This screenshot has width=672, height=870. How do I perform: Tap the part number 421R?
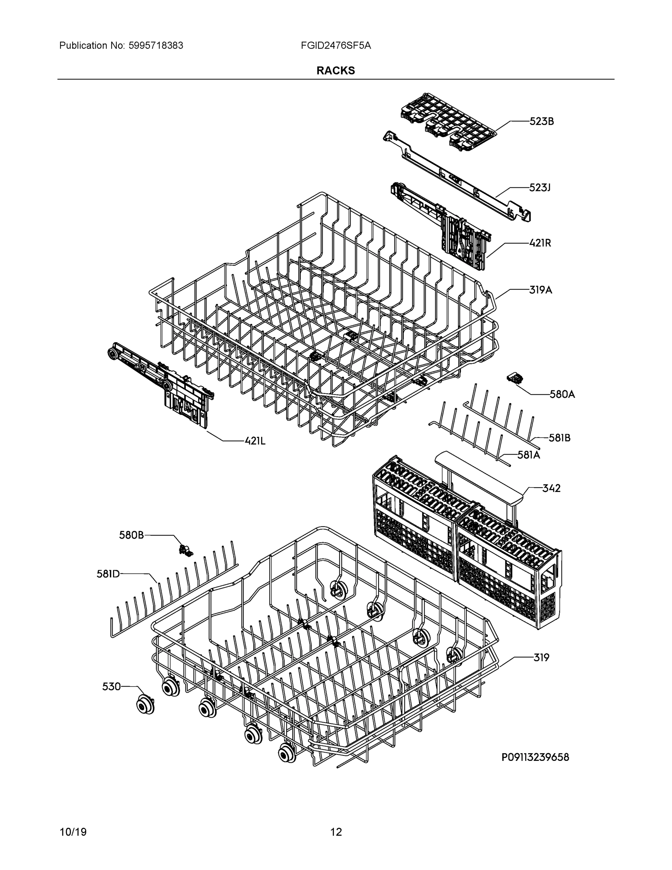point(540,243)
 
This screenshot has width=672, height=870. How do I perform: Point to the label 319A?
point(540,290)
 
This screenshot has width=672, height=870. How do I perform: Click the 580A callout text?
point(562,394)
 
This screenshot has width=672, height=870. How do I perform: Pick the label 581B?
point(559,438)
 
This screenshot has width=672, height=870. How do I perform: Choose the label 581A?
point(529,455)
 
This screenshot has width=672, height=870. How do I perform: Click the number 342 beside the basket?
point(551,488)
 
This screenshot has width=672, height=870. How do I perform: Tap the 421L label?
point(255,440)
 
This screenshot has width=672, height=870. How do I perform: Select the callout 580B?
point(132,535)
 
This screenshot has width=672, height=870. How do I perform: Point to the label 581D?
point(108,574)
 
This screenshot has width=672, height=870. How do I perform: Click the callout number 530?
point(111,686)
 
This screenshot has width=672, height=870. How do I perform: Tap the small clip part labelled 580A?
point(514,378)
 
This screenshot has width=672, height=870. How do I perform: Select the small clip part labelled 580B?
point(185,550)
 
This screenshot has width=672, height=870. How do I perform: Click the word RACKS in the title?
point(335,71)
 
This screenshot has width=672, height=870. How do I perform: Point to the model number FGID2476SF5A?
point(335,46)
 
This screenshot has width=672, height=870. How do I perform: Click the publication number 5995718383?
point(156,46)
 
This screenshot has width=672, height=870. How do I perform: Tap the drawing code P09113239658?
point(535,757)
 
